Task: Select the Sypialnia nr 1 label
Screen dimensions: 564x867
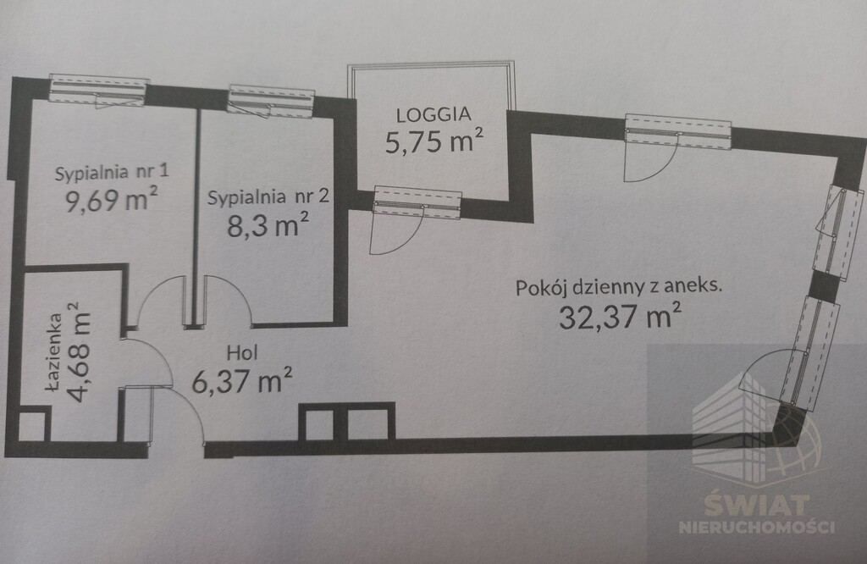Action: (x=112, y=173)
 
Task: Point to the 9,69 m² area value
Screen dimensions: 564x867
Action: (x=112, y=201)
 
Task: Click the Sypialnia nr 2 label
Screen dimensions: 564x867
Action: (x=268, y=198)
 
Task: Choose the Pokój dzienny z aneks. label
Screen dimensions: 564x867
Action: (x=619, y=286)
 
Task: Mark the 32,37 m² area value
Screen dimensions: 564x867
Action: (x=621, y=316)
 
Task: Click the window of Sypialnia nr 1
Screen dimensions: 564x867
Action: (x=99, y=90)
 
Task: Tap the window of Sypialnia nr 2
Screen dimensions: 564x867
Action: (x=271, y=100)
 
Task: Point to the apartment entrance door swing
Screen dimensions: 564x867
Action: (x=182, y=415)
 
